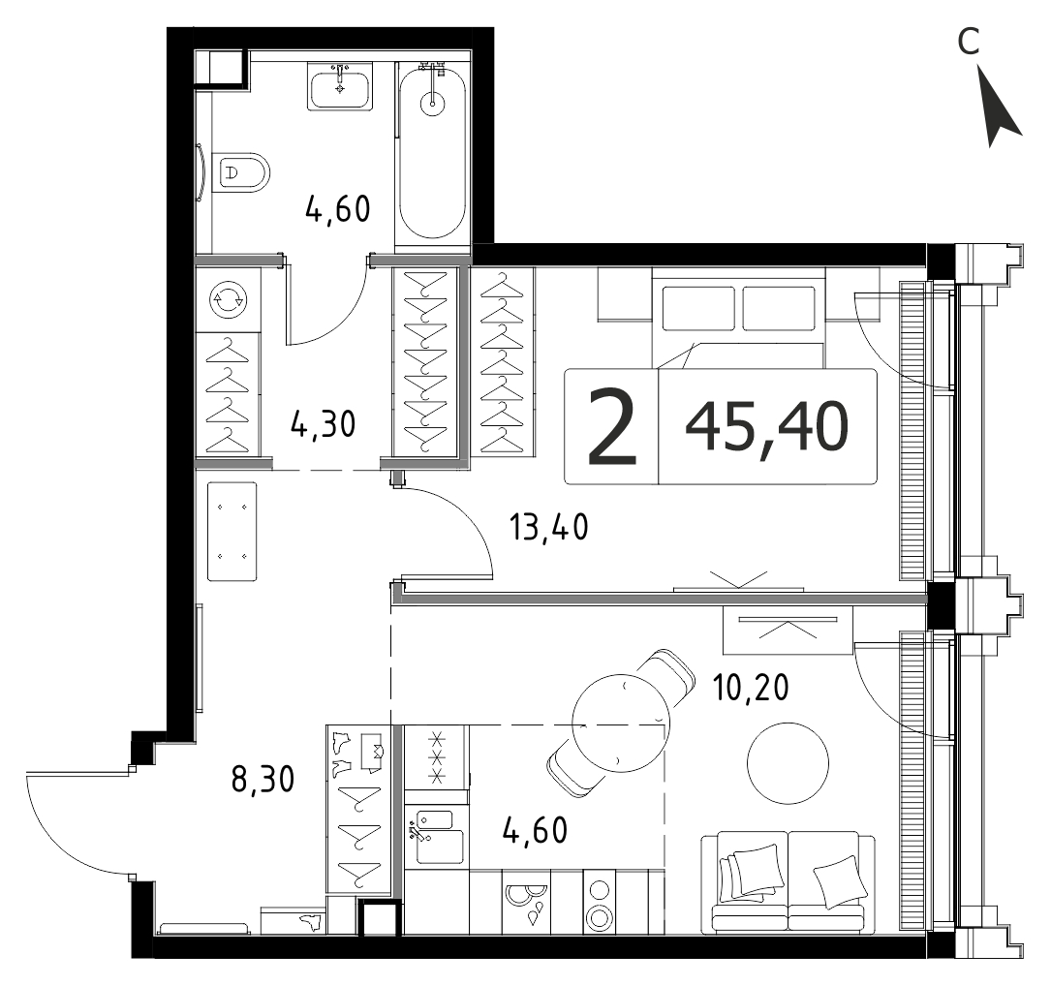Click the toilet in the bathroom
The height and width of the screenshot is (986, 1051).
[240, 172]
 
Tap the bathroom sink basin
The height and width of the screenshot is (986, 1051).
[340, 87]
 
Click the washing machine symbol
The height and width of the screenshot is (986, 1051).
[228, 299]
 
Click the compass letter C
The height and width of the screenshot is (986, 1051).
[969, 43]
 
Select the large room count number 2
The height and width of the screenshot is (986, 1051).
[611, 428]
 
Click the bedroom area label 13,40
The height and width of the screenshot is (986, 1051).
[549, 527]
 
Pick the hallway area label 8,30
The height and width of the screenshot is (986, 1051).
[263, 780]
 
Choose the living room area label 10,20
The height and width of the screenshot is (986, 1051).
[751, 687]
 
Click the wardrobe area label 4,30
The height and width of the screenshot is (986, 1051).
[324, 424]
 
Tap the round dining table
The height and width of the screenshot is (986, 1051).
[621, 724]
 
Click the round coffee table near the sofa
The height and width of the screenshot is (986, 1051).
[788, 763]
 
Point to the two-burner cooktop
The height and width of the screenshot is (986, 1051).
[598, 903]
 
